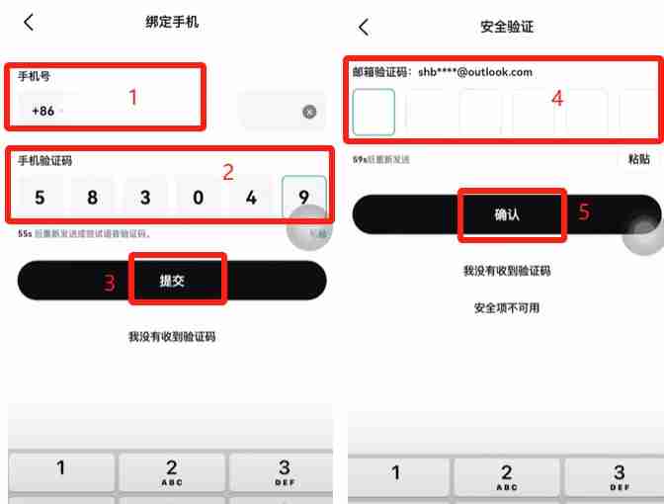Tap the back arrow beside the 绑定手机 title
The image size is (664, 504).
pyautogui.click(x=29, y=22)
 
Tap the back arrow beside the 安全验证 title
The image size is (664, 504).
pyautogui.click(x=364, y=27)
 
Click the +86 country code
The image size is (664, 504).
pyautogui.click(x=43, y=111)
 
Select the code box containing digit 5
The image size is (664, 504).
pyautogui.click(x=40, y=198)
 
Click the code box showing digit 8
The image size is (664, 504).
pyautogui.click(x=92, y=198)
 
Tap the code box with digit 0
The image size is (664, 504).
pyautogui.click(x=198, y=198)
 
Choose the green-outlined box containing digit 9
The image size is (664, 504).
pyautogui.click(x=303, y=198)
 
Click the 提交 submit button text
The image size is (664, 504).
pyautogui.click(x=172, y=282)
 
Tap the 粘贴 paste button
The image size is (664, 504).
pyautogui.click(x=637, y=159)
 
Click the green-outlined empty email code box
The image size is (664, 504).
pyautogui.click(x=373, y=111)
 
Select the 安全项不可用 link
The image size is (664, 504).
pyautogui.click(x=506, y=307)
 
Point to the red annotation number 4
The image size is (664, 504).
pyautogui.click(x=556, y=99)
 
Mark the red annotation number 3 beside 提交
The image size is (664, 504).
pyautogui.click(x=110, y=283)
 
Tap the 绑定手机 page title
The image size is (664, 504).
pyautogui.click(x=172, y=22)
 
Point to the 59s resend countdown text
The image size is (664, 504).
pyautogui.click(x=380, y=159)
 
